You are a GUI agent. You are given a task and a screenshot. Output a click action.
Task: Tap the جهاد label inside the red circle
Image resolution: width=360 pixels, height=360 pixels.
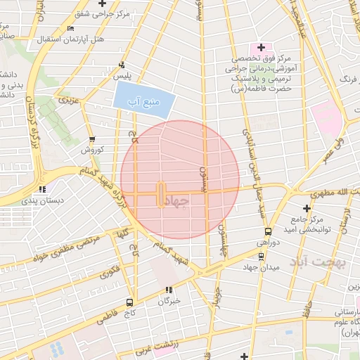click(x=176, y=201)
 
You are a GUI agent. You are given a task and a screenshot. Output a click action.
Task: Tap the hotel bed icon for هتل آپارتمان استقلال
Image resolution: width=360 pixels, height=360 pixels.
click(x=69, y=29)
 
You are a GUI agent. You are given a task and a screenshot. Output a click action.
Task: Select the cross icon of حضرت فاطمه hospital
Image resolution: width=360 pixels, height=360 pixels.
click(x=261, y=46)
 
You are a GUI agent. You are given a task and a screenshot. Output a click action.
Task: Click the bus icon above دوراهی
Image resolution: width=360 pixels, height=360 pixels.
click(x=267, y=231)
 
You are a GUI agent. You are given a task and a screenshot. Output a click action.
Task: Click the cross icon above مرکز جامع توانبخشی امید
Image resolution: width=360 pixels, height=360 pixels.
click(x=306, y=208)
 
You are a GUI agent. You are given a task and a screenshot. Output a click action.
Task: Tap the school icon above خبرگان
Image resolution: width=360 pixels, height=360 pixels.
click(x=168, y=290)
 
